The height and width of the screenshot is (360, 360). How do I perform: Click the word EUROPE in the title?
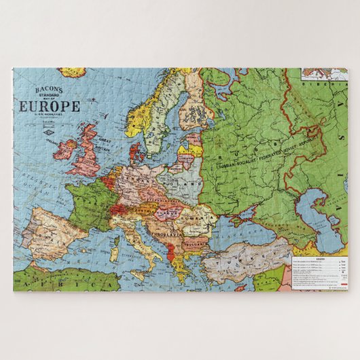49,106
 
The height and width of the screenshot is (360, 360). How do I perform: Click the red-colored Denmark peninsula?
133,151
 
